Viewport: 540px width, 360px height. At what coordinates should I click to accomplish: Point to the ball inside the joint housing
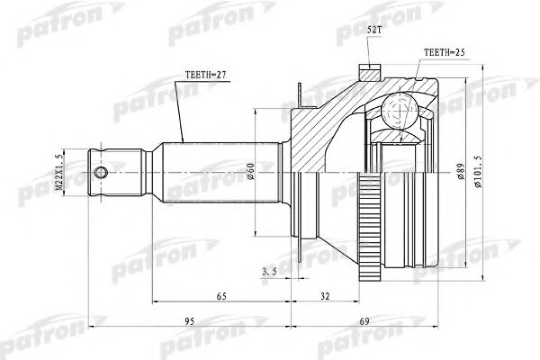tap(394, 112)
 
